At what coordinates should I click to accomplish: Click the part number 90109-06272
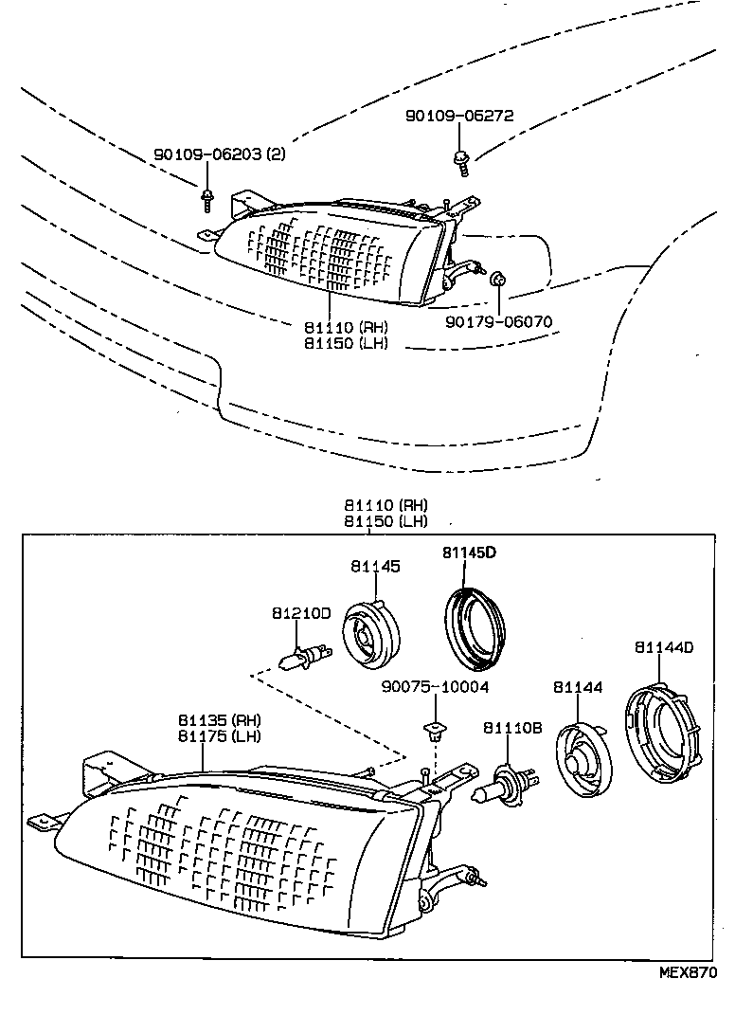(x=459, y=116)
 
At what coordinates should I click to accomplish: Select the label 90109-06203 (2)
(x=220, y=154)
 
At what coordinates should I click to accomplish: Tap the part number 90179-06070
(x=498, y=322)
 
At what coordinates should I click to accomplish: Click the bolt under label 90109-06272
(x=460, y=163)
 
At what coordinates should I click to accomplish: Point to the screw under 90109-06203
(x=207, y=200)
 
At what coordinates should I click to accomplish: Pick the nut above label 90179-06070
(x=498, y=280)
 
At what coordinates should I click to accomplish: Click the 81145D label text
(x=469, y=553)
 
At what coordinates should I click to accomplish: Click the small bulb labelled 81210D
(x=306, y=657)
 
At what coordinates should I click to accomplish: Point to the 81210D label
(x=301, y=613)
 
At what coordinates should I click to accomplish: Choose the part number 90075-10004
(x=436, y=688)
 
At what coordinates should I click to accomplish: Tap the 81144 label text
(x=578, y=688)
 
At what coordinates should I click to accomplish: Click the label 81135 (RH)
(x=220, y=720)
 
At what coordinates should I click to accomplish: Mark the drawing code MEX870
(x=689, y=972)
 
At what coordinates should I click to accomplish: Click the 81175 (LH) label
(x=220, y=735)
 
